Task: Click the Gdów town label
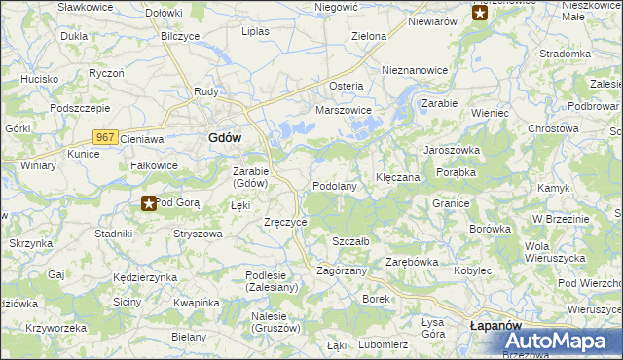[225, 138]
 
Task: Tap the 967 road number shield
[106, 138]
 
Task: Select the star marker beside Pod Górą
[149, 202]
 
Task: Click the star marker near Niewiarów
[479, 13]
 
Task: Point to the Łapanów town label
[496, 325]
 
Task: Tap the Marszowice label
[344, 110]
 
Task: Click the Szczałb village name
[350, 241]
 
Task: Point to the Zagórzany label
[342, 270]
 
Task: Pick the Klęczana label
[397, 178]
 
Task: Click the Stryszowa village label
[198, 234]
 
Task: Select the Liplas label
[255, 31]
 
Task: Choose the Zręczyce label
[286, 222]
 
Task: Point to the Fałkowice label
[154, 165]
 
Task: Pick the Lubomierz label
[383, 344]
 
